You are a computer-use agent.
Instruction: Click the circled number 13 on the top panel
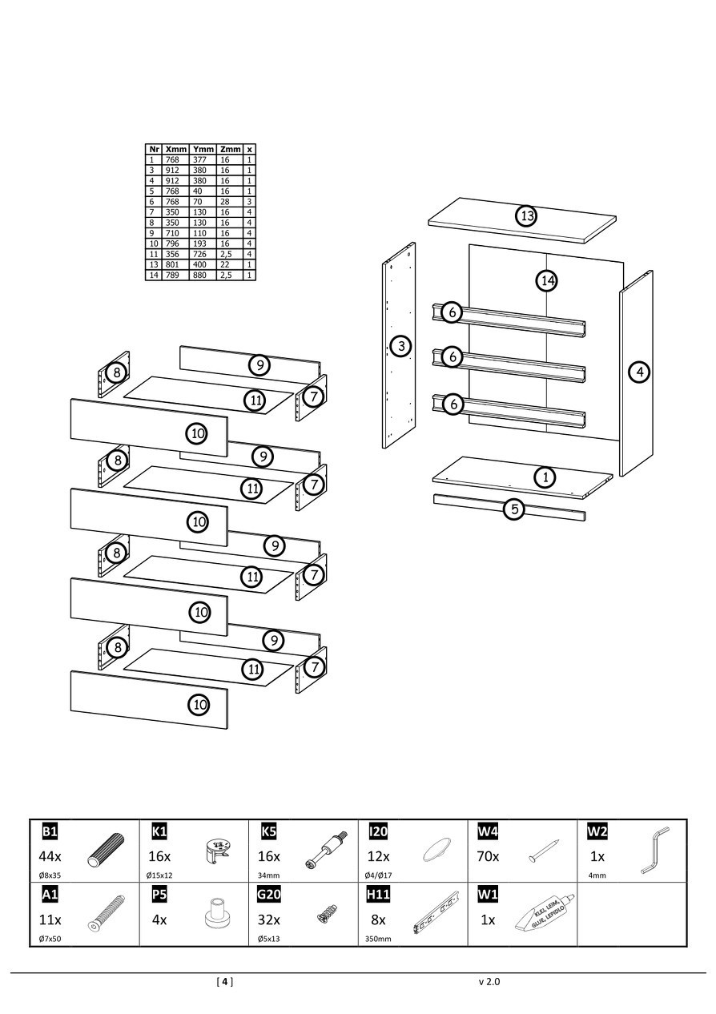click(526, 216)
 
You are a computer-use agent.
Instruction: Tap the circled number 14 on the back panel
click(547, 280)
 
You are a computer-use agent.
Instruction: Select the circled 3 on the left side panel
click(400, 346)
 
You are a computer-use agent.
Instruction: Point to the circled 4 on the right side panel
click(638, 372)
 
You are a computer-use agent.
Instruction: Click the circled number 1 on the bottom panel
click(545, 477)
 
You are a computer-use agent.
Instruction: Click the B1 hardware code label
click(50, 831)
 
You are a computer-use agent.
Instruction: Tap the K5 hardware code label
click(269, 831)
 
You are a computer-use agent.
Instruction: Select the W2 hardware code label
click(597, 831)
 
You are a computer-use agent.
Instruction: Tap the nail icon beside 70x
click(542, 851)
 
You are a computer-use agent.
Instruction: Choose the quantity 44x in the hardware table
click(50, 855)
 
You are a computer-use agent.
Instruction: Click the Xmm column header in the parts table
click(176, 149)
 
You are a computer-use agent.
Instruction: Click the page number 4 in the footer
click(225, 981)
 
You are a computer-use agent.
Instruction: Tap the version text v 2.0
click(489, 981)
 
